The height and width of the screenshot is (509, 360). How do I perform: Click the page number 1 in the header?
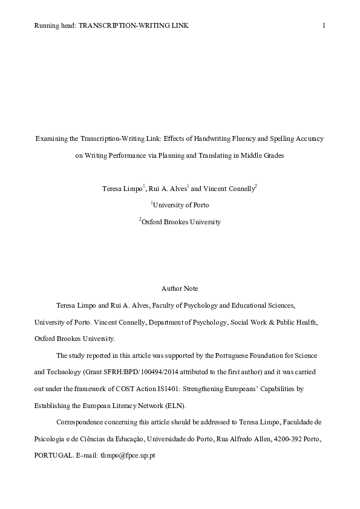325,25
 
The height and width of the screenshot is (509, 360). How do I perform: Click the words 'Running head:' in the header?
56,25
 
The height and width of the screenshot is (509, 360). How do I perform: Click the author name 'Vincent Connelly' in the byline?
232,189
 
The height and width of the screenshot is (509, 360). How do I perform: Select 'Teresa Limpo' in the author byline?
123,189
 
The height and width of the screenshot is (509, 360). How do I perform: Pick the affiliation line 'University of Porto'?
181,205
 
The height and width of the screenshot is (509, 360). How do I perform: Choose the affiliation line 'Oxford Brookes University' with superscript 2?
181,222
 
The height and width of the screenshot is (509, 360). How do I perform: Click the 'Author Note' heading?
180,289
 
